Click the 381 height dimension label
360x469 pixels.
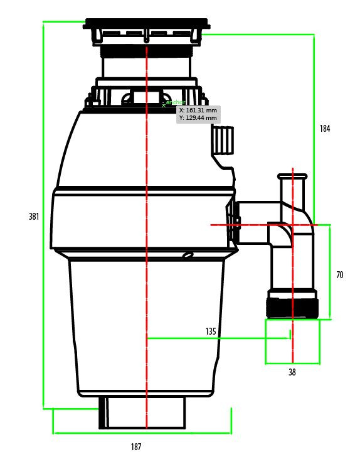[x=34, y=217]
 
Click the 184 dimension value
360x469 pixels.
[x=324, y=129]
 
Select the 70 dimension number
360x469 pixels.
[x=339, y=275]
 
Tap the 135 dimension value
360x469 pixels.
[x=211, y=331]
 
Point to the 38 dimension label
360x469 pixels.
[x=292, y=372]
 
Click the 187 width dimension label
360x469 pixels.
[x=136, y=447]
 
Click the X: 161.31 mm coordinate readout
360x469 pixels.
[x=198, y=110]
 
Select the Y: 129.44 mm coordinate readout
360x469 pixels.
[x=198, y=117]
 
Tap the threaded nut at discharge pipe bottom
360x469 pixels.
[x=292, y=307]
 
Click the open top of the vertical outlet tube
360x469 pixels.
[x=293, y=176]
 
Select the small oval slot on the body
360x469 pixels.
[x=187, y=256]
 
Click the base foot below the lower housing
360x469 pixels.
[x=144, y=412]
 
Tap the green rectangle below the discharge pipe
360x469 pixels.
[x=292, y=342]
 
